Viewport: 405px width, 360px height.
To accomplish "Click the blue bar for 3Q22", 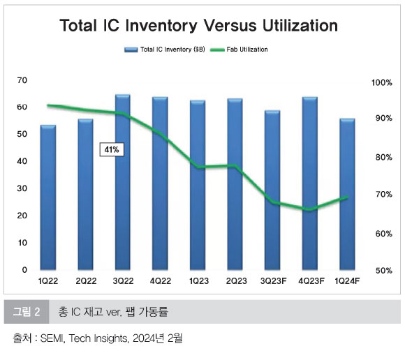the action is [123, 182].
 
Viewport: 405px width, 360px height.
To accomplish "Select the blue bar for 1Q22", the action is [48, 197].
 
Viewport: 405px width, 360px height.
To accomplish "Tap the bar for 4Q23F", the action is [310, 183].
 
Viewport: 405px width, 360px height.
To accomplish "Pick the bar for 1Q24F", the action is [347, 194].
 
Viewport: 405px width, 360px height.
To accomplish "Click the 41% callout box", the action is [112, 149].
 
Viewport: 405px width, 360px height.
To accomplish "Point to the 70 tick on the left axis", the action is [22, 80].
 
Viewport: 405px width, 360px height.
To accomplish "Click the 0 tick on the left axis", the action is [24, 270].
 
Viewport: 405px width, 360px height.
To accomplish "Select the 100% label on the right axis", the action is [382, 83].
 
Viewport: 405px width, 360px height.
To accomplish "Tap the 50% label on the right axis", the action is [384, 271].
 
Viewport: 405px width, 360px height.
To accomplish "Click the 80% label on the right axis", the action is [384, 157].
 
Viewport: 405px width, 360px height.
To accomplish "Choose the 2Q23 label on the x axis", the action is [236, 280].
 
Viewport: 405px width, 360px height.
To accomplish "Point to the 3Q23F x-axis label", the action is [273, 280].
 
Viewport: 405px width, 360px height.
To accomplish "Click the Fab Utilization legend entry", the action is [239, 50].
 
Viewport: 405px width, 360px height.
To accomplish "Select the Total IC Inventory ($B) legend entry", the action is [165, 50].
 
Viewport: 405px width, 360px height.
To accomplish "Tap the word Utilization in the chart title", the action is [300, 26].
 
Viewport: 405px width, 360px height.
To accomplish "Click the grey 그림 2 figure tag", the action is [27, 311].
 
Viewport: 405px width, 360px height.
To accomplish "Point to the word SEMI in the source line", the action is [52, 338].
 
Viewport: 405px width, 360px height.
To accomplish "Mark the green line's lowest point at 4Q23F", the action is [310, 209].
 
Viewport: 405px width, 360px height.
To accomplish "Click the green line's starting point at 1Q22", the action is [48, 105].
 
